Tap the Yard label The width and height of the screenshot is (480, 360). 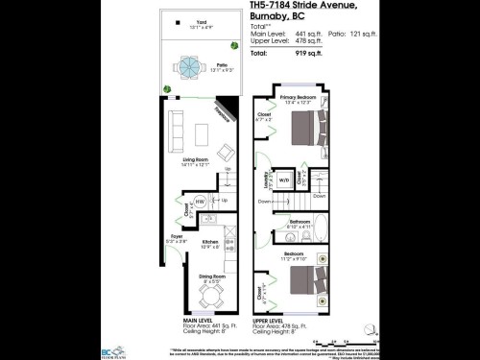pyautogui.click(x=202, y=20)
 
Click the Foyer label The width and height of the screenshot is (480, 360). pyautogui.click(x=177, y=235)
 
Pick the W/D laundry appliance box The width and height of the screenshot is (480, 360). pyautogui.click(x=285, y=180)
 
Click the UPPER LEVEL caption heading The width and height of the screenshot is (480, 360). pyautogui.click(x=270, y=319)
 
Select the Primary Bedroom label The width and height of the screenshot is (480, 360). pyautogui.click(x=299, y=98)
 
